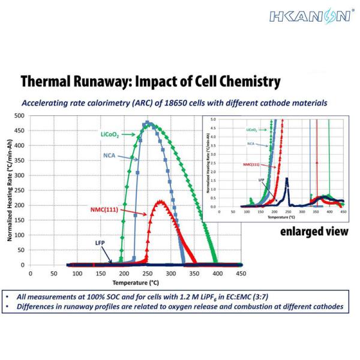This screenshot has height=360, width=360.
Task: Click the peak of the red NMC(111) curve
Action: click(x=161, y=202)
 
